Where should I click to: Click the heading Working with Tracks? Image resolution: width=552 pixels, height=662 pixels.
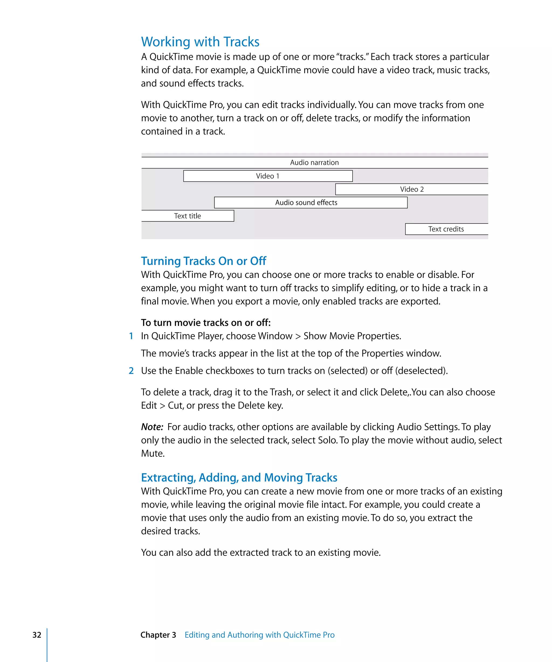200,42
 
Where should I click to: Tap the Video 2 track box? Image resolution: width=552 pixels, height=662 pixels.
412,189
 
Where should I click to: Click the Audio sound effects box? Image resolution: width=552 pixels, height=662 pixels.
310,202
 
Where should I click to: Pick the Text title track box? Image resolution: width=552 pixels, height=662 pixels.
187,216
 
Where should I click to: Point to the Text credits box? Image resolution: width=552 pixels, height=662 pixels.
446,229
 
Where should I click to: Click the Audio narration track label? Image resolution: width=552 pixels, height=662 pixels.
314,162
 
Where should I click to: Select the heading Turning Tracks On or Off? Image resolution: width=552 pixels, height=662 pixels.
203,261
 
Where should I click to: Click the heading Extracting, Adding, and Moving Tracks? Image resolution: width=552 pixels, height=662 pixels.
239,478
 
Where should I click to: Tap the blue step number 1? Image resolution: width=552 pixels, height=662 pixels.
131,336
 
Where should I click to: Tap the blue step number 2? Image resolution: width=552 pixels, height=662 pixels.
131,371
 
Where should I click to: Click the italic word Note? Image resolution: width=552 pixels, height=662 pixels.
152,427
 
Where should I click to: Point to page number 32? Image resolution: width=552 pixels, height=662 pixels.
37,635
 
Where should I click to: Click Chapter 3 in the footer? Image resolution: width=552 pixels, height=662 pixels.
158,635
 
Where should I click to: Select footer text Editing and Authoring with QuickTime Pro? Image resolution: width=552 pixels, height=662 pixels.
259,635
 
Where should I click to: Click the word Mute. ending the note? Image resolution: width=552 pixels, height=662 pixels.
153,453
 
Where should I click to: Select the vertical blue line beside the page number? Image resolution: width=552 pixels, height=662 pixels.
47,645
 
